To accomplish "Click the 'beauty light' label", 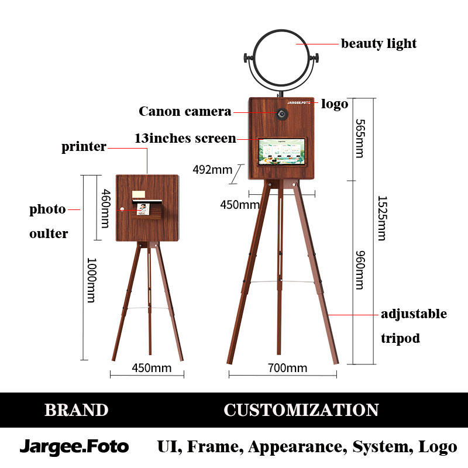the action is (378, 43).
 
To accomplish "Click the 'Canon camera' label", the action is (185, 111).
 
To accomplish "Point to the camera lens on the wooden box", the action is (282, 113).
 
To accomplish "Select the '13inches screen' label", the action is (185, 139).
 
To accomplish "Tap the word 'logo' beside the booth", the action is (335, 104).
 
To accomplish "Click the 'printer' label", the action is (84, 146).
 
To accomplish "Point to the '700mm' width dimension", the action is (287, 367).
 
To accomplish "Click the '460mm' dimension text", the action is (106, 208).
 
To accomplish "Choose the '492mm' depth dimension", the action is (212, 170).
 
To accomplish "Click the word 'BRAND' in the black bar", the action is (76, 410).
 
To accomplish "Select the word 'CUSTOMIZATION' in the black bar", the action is (301, 410).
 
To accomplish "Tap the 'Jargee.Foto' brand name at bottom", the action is (74, 447).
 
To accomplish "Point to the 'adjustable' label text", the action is (414, 314).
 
